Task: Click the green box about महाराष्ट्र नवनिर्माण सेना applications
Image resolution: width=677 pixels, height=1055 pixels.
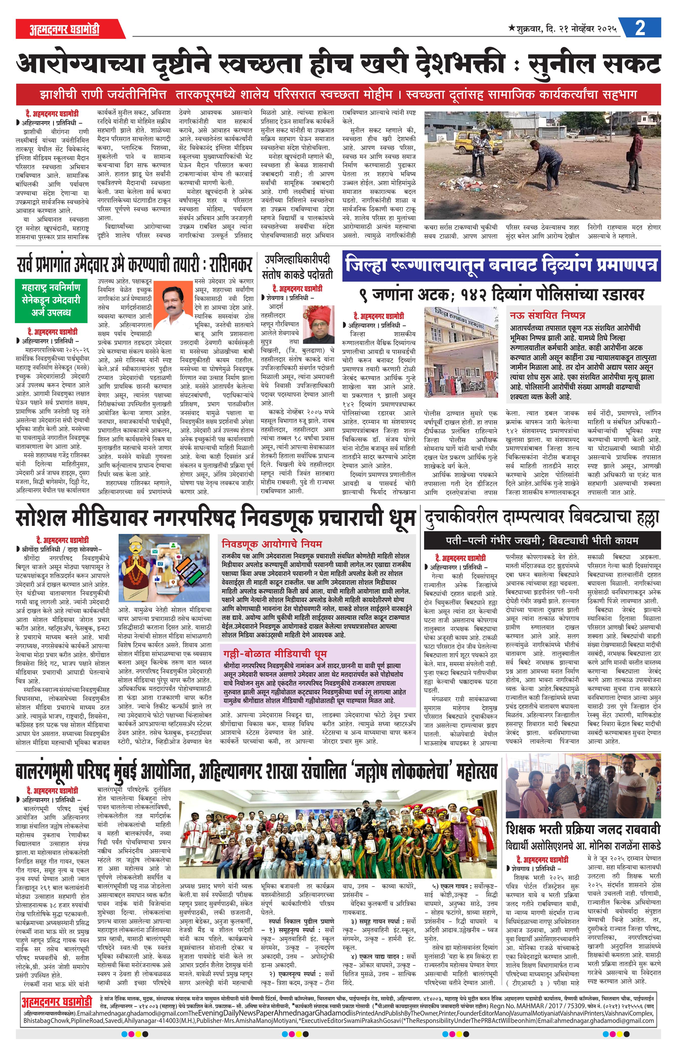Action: coord(51,300)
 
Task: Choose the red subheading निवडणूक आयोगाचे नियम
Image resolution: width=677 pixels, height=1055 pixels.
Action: coord(272,544)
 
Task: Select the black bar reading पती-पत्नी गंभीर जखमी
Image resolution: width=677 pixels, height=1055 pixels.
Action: coord(542,540)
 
